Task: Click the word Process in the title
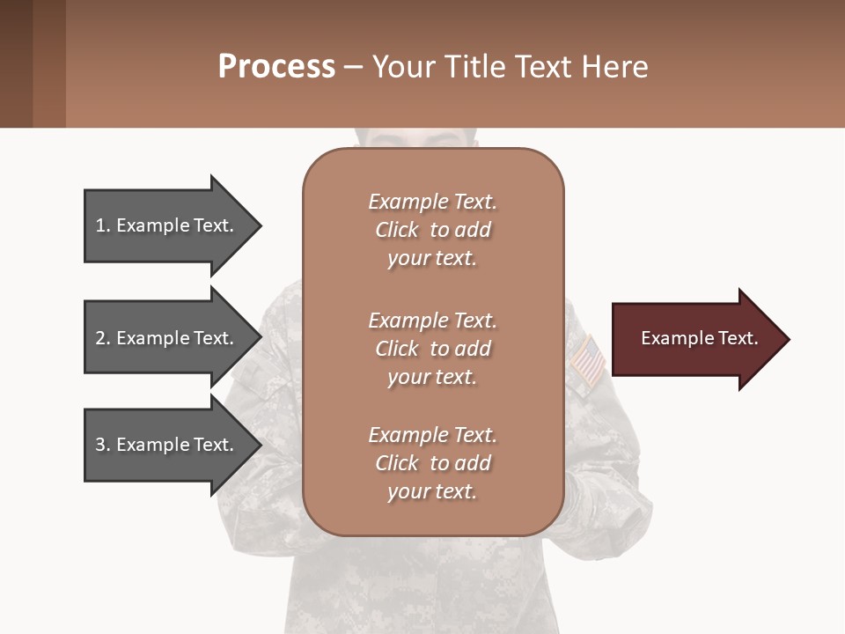click(x=276, y=67)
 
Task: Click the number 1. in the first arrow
click(x=103, y=225)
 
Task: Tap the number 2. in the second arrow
click(x=103, y=338)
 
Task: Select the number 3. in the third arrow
click(x=103, y=445)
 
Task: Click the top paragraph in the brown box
click(x=432, y=230)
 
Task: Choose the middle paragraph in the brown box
click(x=432, y=349)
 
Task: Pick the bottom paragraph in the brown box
click(x=432, y=463)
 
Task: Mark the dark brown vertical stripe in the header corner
click(x=16, y=63)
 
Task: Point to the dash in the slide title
click(x=353, y=68)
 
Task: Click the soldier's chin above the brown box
click(x=432, y=138)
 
